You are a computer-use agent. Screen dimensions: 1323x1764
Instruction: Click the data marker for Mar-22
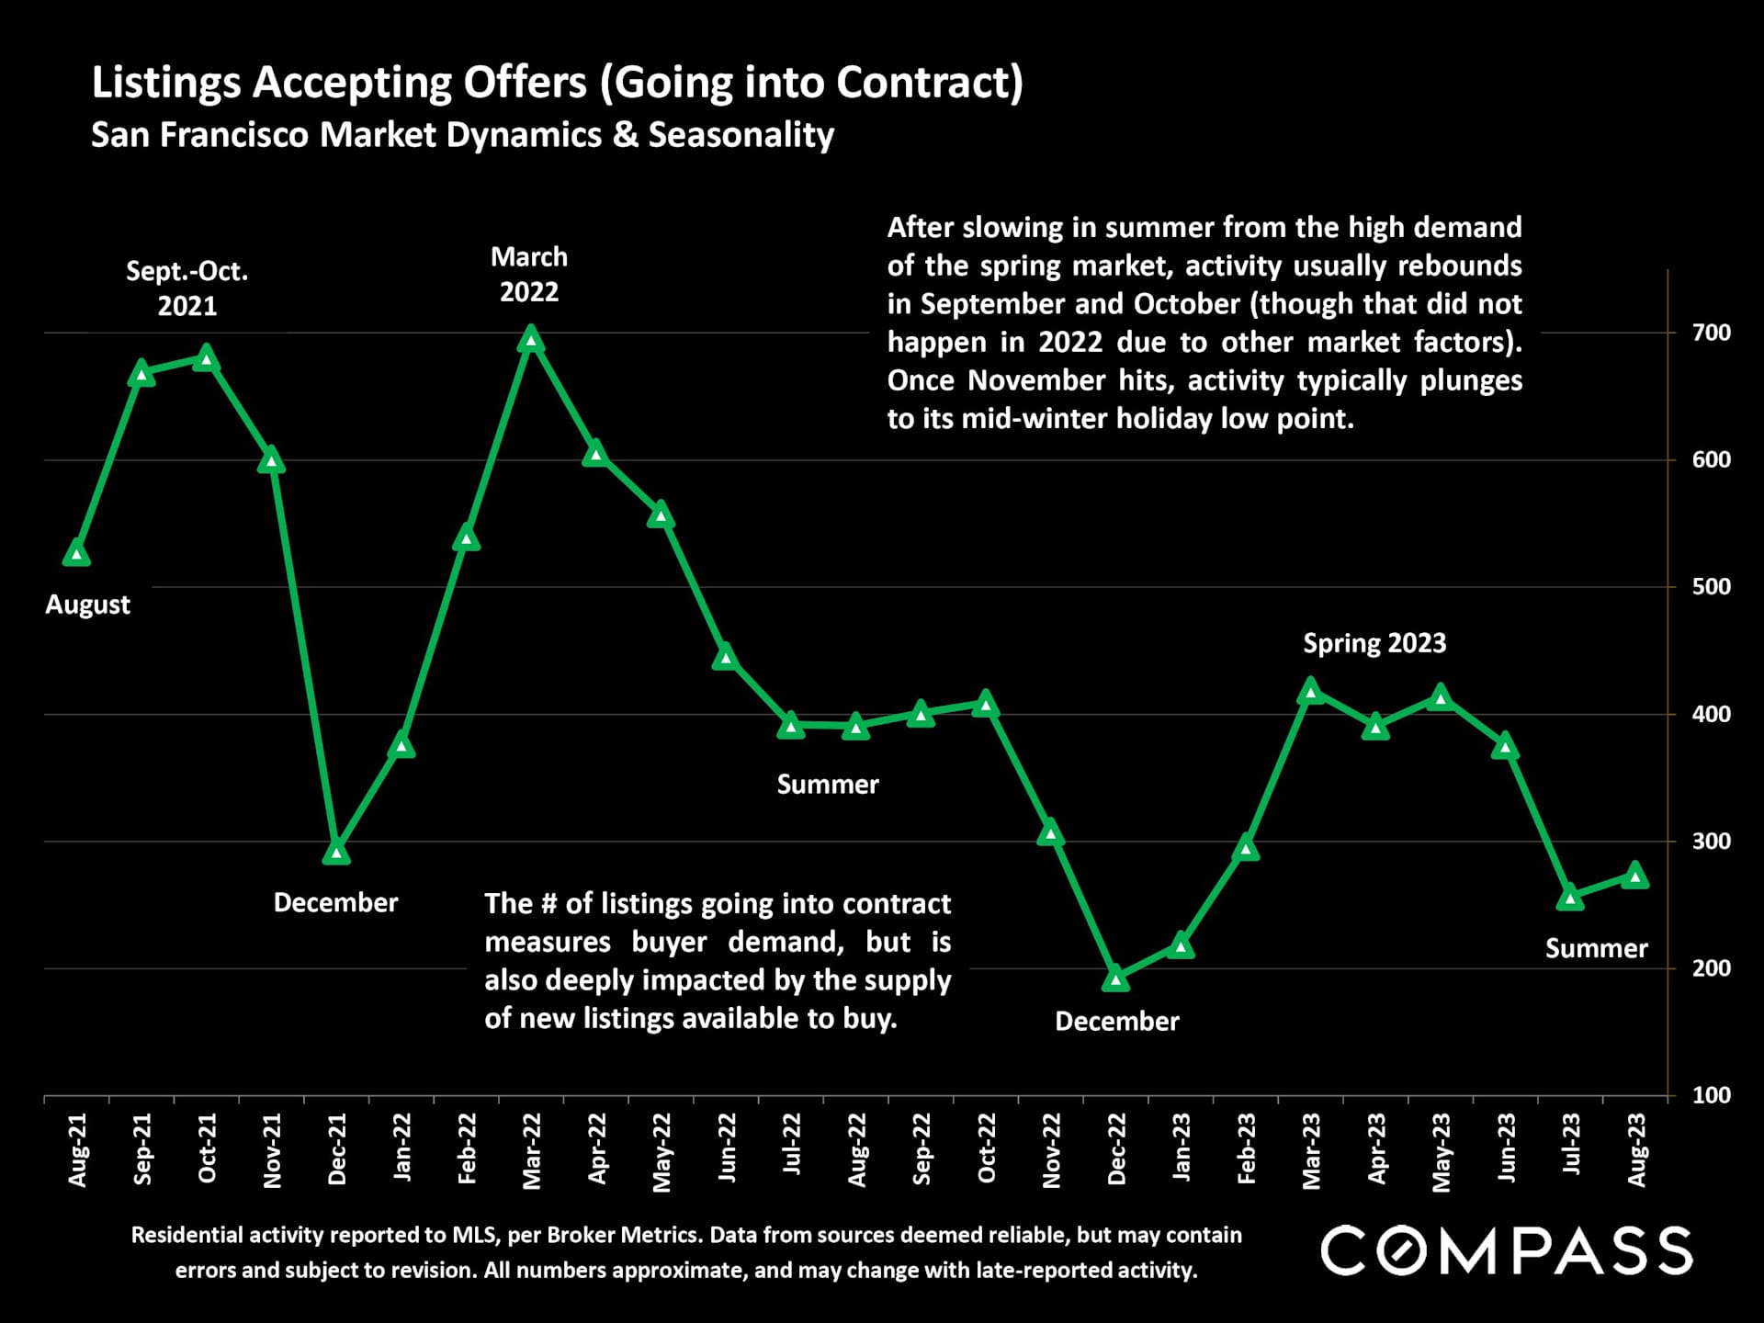coord(531,341)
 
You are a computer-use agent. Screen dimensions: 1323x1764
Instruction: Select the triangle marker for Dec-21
coord(336,853)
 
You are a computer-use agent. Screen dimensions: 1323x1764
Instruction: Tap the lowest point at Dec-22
coord(1116,978)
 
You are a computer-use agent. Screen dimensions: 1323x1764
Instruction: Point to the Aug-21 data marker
coord(77,553)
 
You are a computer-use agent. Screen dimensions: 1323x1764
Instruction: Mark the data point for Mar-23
coord(1311,691)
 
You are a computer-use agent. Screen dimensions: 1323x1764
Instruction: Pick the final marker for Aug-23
coord(1635,876)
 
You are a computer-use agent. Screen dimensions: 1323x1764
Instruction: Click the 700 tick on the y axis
coord(1711,333)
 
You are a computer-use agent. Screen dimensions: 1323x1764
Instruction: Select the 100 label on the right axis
coord(1711,1095)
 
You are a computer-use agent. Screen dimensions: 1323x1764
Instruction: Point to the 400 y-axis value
coord(1711,714)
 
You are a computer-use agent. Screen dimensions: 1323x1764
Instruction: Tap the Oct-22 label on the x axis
coord(987,1148)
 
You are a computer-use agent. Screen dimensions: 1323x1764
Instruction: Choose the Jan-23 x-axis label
coord(1182,1148)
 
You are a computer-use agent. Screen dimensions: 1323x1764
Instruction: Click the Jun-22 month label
coord(727,1148)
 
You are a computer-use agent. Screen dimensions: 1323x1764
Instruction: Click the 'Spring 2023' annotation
coord(1374,643)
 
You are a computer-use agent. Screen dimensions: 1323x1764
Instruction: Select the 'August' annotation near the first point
coord(88,605)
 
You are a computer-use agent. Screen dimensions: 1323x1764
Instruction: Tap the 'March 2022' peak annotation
coord(529,274)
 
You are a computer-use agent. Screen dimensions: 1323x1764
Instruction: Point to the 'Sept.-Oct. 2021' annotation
coord(187,288)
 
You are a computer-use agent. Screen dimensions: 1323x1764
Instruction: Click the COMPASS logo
coord(1507,1250)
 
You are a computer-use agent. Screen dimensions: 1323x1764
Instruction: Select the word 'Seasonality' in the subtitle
coord(741,135)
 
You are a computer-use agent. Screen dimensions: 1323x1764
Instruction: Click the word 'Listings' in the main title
coord(166,83)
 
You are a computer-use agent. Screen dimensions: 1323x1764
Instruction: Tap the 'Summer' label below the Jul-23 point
coord(1596,948)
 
